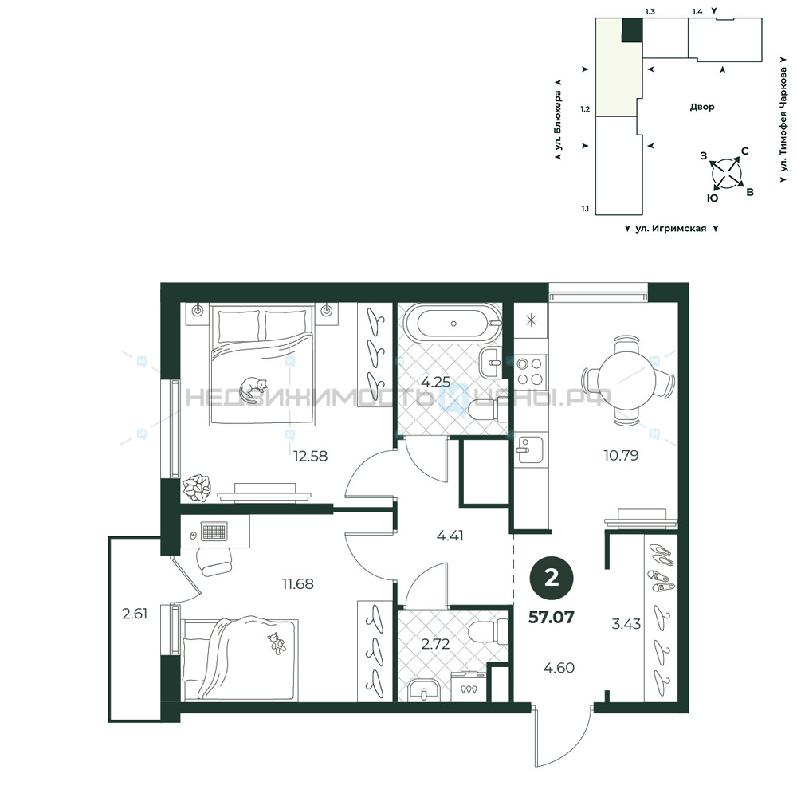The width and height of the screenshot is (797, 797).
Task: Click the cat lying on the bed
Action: (x=253, y=390)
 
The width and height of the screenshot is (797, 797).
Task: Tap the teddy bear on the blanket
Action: (x=277, y=643)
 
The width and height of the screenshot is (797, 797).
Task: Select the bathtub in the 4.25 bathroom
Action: (x=453, y=324)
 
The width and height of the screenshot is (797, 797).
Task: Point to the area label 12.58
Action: (x=311, y=456)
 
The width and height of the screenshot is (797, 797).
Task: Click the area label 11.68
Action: (x=298, y=584)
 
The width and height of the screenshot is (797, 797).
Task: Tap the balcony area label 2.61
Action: (x=135, y=614)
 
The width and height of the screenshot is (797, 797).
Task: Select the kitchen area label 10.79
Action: (x=621, y=455)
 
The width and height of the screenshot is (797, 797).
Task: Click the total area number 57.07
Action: (x=552, y=617)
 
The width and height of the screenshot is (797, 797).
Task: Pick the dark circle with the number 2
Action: (x=552, y=578)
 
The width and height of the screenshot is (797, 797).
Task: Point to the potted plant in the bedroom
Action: (x=197, y=488)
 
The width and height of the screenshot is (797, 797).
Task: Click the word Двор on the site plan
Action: (x=702, y=107)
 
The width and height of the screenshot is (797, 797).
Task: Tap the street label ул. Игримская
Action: (x=671, y=229)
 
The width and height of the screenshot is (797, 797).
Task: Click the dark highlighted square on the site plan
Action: (x=632, y=30)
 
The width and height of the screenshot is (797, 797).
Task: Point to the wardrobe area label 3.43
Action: (x=626, y=624)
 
